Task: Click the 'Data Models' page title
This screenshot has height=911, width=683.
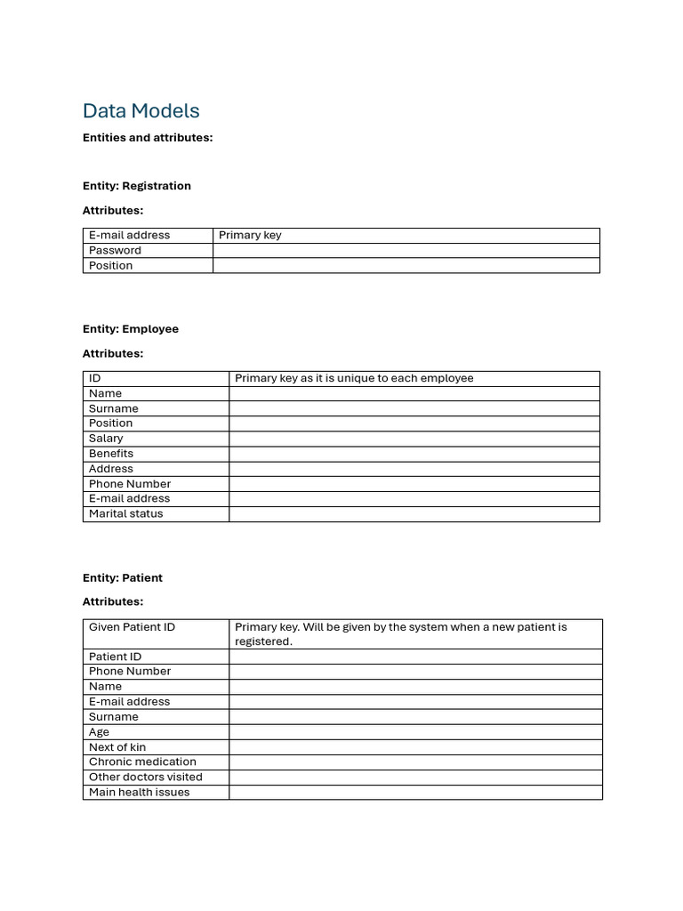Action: [141, 111]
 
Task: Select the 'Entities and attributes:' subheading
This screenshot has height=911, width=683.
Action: [148, 138]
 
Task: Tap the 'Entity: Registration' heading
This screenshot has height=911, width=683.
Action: [136, 186]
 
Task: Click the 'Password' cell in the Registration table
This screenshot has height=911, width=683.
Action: [115, 251]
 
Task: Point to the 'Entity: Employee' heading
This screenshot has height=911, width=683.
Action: [130, 329]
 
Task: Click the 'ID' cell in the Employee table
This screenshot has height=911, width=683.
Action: [95, 378]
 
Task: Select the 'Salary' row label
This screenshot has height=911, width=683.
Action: [106, 439]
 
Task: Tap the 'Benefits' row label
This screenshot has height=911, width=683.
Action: [110, 454]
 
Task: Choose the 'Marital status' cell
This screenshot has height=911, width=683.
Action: [125, 514]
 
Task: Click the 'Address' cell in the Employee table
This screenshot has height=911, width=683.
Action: [110, 469]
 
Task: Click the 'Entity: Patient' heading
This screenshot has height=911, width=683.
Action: [122, 578]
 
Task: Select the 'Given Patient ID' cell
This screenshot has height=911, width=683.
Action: [132, 627]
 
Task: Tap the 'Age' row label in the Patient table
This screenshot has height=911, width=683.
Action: [99, 732]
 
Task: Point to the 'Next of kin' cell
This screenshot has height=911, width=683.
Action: [117, 747]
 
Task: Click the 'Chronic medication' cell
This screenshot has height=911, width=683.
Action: [142, 762]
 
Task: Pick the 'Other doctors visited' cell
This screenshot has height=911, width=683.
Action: [145, 778]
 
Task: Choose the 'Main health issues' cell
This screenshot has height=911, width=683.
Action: [139, 793]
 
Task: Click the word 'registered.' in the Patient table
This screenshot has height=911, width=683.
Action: [263, 641]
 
